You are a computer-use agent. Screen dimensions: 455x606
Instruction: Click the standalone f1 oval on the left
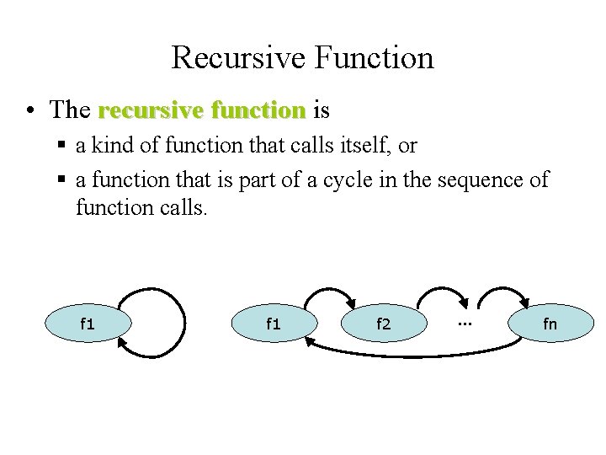[88, 324]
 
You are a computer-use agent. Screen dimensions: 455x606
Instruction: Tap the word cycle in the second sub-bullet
[339, 179]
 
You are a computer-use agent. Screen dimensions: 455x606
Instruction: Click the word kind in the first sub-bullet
[113, 146]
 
